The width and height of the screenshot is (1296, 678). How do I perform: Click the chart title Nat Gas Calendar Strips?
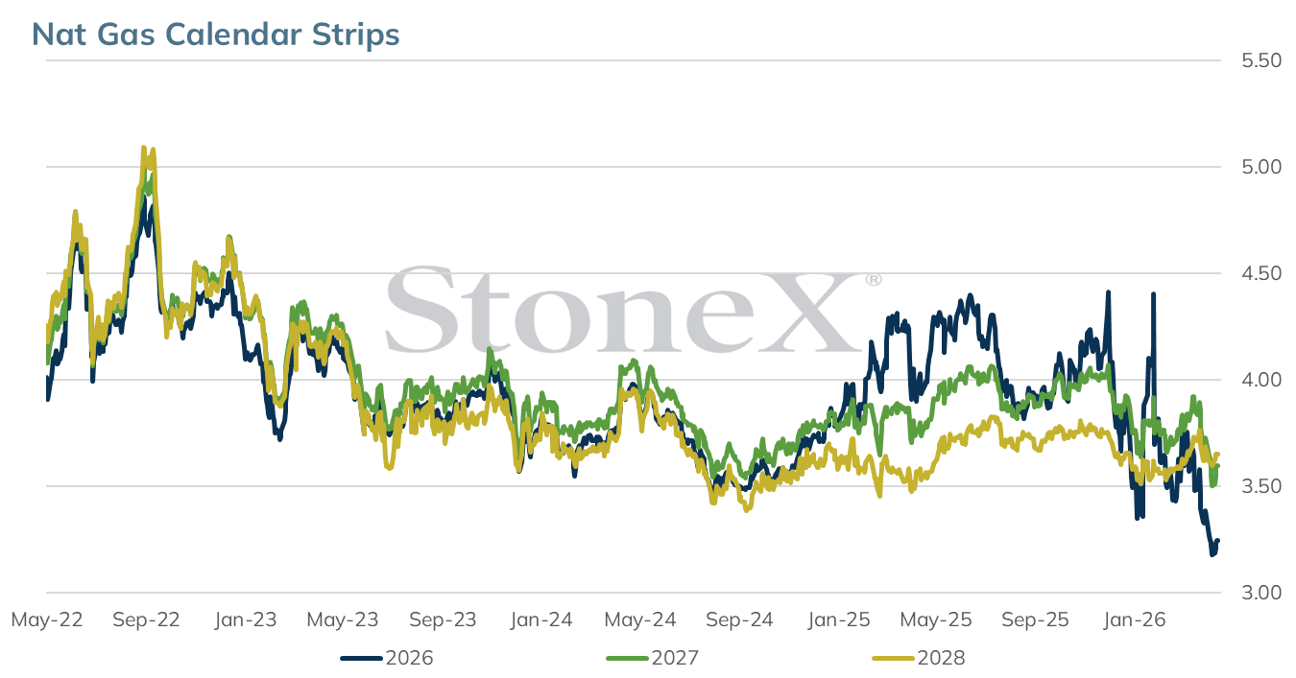coord(215,35)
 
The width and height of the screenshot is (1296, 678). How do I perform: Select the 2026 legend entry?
coord(387,658)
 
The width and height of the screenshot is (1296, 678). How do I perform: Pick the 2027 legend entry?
coord(652,658)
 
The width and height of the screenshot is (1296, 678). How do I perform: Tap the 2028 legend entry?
coord(918,658)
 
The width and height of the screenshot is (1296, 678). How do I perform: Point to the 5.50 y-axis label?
coord(1261,60)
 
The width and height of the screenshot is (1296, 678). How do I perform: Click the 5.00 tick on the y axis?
coord(1261,167)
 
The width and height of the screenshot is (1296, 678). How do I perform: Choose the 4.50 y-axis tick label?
coord(1261,273)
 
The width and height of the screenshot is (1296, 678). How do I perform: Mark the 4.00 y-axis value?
coord(1261,380)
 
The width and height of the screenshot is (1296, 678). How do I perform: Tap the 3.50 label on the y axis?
coord(1261,486)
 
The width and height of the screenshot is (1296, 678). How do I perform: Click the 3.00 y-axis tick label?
coord(1261,593)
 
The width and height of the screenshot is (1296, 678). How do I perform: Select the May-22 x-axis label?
coord(47,620)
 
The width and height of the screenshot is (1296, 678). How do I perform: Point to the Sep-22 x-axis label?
coord(146,620)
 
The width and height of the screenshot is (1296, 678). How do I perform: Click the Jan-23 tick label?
coord(246,620)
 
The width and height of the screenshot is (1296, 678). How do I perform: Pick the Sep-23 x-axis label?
coord(443,620)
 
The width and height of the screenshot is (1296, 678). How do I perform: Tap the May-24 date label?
coord(640,620)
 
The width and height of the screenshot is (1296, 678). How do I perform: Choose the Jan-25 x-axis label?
coord(839,620)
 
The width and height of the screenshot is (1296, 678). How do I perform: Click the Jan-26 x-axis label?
coord(1135,620)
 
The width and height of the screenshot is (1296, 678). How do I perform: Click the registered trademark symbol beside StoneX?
coord(874,280)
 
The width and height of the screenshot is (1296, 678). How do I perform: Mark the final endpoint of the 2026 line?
coord(1218,541)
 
